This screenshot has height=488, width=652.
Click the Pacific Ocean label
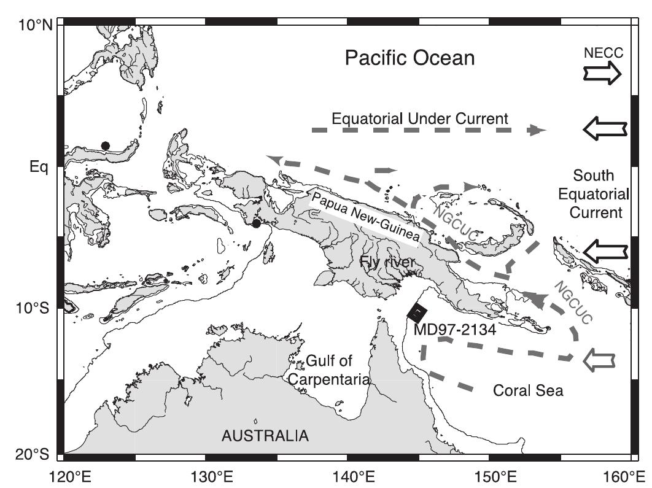[x=409, y=58]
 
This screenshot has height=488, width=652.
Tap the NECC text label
[x=604, y=54]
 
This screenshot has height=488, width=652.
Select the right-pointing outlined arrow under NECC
[x=602, y=74]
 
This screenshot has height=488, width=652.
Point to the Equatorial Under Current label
[x=419, y=118]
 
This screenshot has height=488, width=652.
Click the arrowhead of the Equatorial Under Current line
[x=538, y=130]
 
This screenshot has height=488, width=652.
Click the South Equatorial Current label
[x=593, y=195]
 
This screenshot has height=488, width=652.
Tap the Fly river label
[x=388, y=263]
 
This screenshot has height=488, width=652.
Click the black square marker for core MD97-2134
[x=417, y=312]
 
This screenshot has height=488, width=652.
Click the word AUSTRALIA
[x=265, y=436]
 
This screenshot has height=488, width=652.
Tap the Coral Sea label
[x=528, y=390]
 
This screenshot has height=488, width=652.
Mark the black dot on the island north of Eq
[x=106, y=145]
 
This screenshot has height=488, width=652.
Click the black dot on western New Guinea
[x=257, y=223]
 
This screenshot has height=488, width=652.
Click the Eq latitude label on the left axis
[x=39, y=166]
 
